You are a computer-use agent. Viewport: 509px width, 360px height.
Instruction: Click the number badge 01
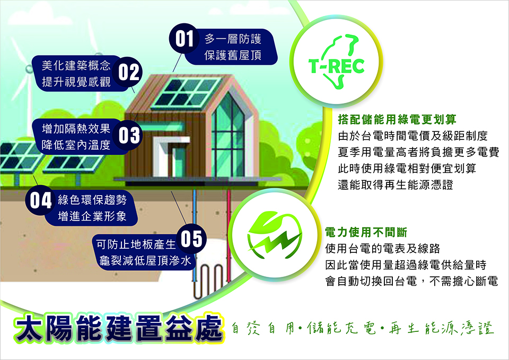click(184, 39)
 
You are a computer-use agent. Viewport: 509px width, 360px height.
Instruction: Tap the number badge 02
click(128, 72)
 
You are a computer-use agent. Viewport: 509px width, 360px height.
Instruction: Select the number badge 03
click(128, 135)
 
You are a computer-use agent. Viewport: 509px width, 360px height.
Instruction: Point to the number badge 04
click(40, 200)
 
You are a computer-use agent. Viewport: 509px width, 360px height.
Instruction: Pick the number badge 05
click(191, 239)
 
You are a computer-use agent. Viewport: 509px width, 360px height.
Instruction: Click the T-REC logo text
click(336, 66)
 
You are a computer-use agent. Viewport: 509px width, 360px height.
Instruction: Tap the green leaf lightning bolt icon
click(275, 235)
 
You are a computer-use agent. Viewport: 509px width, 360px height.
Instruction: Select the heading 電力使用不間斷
click(366, 232)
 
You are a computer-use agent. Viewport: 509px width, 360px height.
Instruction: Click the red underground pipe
click(229, 235)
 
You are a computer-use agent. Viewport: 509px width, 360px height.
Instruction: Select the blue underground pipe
click(194, 235)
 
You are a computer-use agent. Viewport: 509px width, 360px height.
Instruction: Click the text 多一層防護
click(233, 39)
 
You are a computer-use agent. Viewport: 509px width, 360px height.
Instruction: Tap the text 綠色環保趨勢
click(92, 200)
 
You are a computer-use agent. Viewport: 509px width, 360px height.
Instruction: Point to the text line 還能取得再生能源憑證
click(396, 185)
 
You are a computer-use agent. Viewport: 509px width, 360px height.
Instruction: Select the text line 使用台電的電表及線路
click(383, 249)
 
